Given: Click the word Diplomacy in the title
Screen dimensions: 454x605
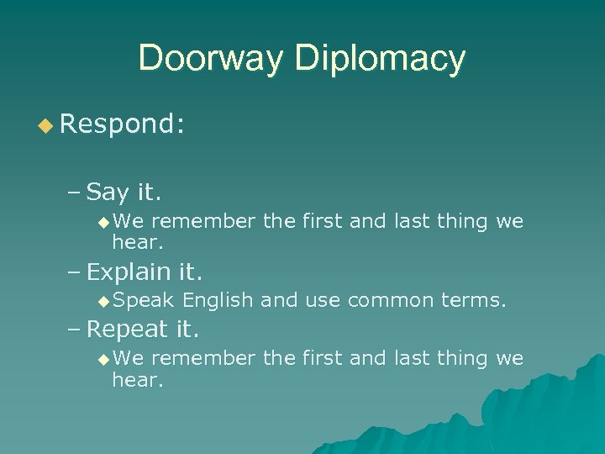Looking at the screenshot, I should tap(381, 58).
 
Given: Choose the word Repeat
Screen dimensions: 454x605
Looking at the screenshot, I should tap(128, 329).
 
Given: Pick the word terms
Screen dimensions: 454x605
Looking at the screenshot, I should tap(476, 300).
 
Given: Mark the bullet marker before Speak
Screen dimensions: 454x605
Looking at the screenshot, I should tap(103, 301).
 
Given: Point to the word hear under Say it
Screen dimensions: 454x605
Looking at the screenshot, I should tap(136, 243).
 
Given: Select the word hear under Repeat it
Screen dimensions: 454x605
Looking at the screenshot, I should tap(136, 380).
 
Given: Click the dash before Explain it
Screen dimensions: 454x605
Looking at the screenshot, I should tap(74, 272).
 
